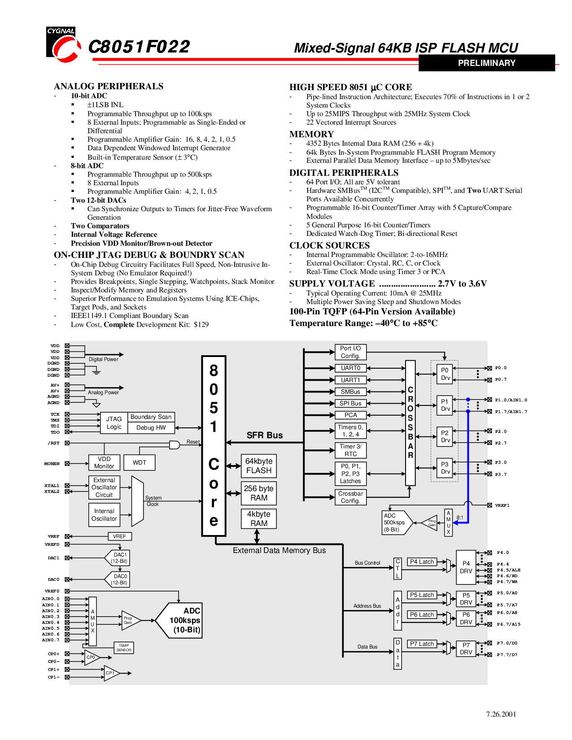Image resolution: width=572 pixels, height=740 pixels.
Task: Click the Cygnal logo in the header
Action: click(x=64, y=44)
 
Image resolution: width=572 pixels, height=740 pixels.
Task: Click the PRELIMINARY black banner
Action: click(x=486, y=63)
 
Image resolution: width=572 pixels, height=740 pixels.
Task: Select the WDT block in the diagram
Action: click(x=140, y=462)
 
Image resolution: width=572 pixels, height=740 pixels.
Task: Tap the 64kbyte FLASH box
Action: click(x=258, y=466)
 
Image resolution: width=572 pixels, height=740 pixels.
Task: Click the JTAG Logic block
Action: click(x=114, y=422)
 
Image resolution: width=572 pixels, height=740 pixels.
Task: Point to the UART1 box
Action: click(x=350, y=380)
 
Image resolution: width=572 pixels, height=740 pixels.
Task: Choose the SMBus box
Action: click(x=350, y=392)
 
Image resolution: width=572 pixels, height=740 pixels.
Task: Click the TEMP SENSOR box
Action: click(x=124, y=647)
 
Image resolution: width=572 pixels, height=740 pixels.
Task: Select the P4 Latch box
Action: click(x=422, y=562)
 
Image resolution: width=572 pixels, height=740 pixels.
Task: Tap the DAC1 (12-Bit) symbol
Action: click(x=117, y=558)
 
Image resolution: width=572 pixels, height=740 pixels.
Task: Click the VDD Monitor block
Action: click(x=104, y=462)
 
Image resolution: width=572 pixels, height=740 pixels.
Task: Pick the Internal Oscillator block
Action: click(x=104, y=515)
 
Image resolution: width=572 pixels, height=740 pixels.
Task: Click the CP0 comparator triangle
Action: click(x=92, y=657)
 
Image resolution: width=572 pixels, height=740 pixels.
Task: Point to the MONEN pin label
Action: click(x=52, y=463)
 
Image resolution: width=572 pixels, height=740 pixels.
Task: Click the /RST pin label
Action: click(x=53, y=443)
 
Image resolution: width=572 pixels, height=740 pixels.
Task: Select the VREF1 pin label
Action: click(x=502, y=505)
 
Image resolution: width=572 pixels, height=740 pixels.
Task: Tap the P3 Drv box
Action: click(x=445, y=468)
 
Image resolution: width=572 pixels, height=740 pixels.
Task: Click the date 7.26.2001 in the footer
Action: click(x=501, y=714)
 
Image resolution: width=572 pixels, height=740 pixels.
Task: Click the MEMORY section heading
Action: click(x=311, y=134)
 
